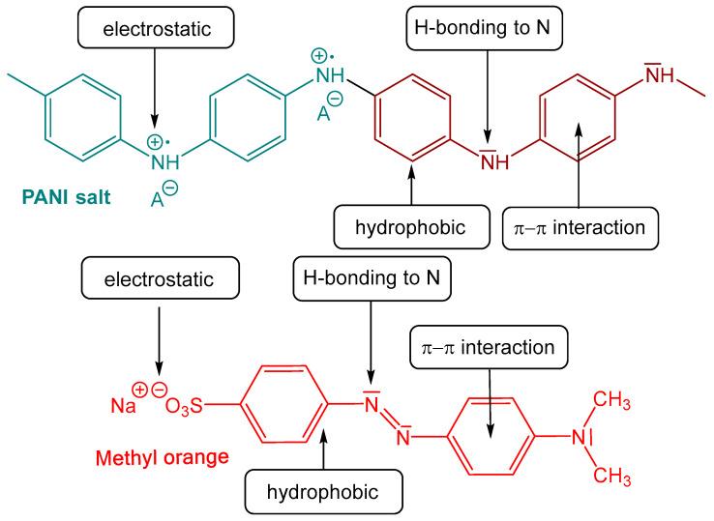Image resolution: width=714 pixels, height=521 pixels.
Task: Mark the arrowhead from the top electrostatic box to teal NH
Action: (153, 129)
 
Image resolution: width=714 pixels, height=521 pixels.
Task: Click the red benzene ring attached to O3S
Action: (280, 405)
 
